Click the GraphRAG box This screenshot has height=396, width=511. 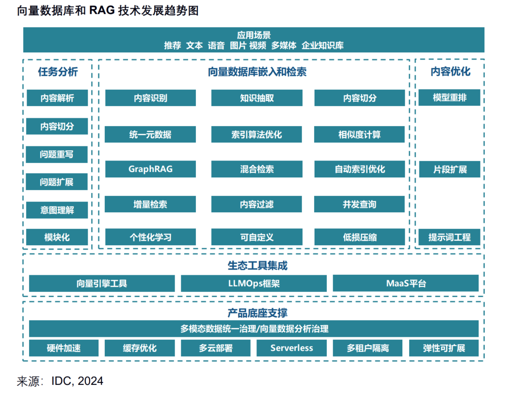(150, 169)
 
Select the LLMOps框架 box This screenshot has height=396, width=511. (254, 284)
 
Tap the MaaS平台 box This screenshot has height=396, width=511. (405, 283)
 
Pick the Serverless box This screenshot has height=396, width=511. (291, 348)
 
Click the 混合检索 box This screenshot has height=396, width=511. (256, 169)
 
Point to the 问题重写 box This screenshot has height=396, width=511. (57, 155)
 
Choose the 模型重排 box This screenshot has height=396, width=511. (449, 97)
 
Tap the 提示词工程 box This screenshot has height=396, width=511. (449, 238)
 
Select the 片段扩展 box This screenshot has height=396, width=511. (449, 169)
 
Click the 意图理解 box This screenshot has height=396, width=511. (57, 210)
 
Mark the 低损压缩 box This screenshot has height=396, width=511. (359, 238)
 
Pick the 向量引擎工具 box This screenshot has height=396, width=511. (102, 284)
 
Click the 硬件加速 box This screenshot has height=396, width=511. (64, 348)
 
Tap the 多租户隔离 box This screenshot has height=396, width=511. (367, 348)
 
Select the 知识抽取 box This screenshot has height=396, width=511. (256, 98)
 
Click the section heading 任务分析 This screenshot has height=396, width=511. (58, 72)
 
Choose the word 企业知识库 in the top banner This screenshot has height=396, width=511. (322, 46)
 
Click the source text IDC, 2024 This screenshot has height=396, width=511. (78, 381)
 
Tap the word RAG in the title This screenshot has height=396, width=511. (102, 11)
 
